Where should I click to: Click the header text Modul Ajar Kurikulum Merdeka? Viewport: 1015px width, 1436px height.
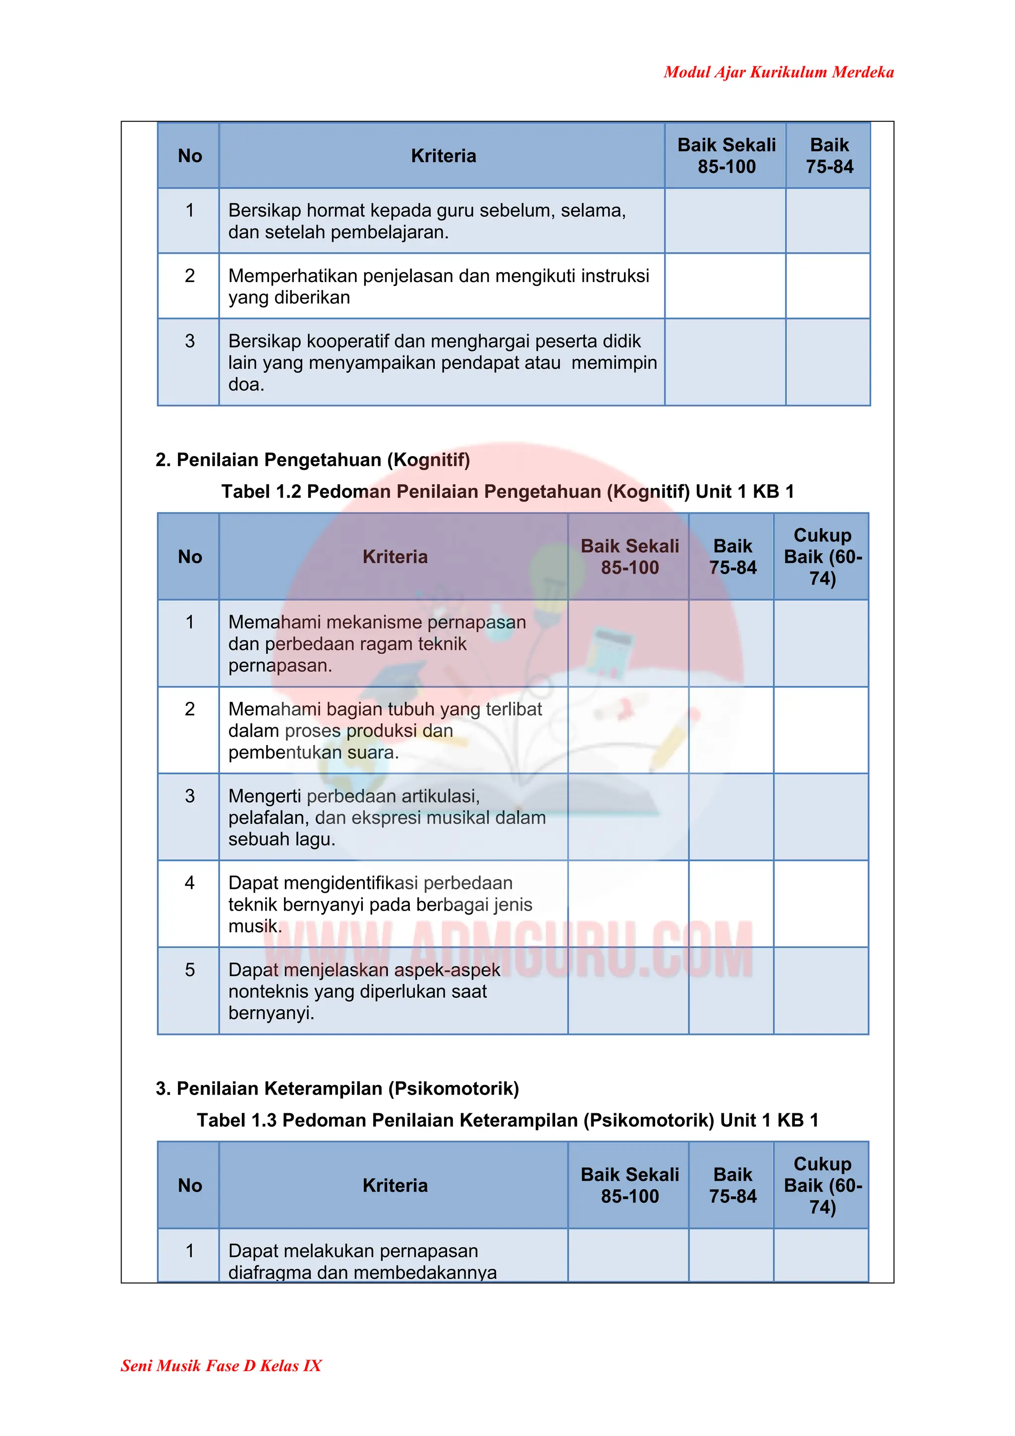click(778, 72)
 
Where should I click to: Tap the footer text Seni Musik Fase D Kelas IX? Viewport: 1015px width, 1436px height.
click(221, 1365)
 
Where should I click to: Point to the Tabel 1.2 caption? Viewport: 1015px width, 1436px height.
click(507, 492)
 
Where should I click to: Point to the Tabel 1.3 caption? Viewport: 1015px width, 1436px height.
click(507, 1120)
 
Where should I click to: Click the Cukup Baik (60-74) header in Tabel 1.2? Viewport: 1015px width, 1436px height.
click(822, 557)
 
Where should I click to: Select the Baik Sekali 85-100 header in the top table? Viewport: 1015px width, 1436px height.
click(726, 156)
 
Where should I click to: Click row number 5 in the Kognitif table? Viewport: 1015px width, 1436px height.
click(189, 970)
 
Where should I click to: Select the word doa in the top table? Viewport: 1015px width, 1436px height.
click(246, 385)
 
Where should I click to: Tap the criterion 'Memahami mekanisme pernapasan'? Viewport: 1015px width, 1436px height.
click(377, 643)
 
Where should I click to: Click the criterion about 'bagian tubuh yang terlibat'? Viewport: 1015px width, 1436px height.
click(385, 731)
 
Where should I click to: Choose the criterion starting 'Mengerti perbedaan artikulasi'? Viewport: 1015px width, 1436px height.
click(387, 817)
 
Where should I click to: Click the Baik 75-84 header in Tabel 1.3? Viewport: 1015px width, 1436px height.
click(733, 1185)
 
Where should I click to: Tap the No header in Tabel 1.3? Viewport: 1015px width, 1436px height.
click(189, 1185)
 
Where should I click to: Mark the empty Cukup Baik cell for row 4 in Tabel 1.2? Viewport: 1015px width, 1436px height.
click(821, 904)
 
